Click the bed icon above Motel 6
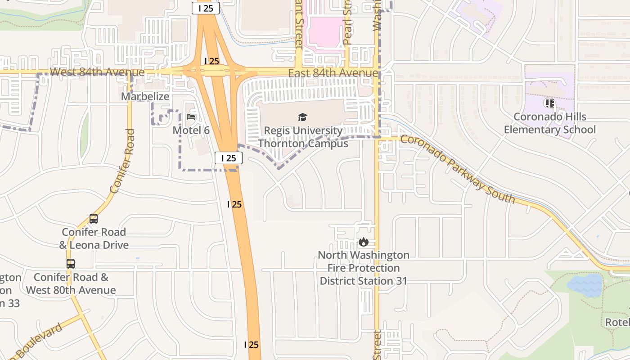(191, 117)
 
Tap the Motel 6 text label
(191, 130)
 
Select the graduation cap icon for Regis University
(302, 117)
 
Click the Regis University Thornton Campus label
(303, 137)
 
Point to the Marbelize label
(145, 96)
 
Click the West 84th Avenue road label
(97, 72)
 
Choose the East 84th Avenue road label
(333, 73)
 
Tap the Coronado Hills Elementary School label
(549, 123)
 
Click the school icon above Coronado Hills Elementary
(549, 103)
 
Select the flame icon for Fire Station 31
(364, 242)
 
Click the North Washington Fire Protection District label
(364, 268)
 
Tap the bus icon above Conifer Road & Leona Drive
(94, 219)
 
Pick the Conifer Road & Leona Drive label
(94, 238)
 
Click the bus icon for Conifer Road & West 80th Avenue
(71, 264)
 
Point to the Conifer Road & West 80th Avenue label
(71, 283)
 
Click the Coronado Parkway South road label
(457, 169)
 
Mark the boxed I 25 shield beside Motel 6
(229, 158)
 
